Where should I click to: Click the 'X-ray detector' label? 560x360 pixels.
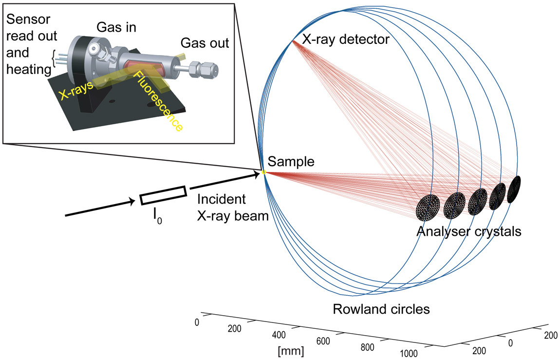click(346, 39)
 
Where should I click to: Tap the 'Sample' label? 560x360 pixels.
click(291, 161)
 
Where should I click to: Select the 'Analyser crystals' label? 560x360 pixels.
click(469, 232)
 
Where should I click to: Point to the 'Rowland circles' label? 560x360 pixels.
click(381, 309)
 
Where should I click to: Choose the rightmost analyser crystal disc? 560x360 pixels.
click(514, 189)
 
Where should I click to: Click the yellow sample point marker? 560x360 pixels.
click(264, 172)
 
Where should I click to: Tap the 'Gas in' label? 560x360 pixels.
click(116, 27)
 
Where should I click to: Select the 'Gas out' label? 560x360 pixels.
click(205, 43)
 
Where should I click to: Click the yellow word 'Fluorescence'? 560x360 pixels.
click(158, 101)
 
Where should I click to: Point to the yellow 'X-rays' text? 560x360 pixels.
click(76, 89)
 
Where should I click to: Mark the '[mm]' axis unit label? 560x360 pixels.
click(291, 351)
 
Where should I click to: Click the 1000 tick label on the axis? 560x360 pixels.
click(409, 354)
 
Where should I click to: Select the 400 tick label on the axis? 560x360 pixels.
click(279, 335)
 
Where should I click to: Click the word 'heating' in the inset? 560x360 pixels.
click(29, 69)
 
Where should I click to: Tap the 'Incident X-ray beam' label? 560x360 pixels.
click(232, 208)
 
